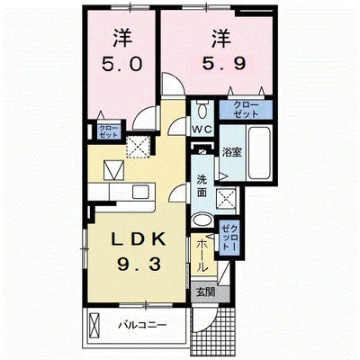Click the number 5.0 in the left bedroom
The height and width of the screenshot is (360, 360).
point(121,64)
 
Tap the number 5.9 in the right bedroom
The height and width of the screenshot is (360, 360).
point(224,63)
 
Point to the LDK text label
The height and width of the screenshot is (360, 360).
point(139,239)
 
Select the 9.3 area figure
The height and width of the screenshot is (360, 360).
point(139,265)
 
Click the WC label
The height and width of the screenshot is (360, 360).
point(202,130)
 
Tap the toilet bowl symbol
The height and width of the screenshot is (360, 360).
point(202,110)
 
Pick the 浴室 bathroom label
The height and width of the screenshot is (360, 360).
point(231,152)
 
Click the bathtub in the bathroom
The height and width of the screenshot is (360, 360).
point(259,152)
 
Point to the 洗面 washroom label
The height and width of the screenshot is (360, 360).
point(202,186)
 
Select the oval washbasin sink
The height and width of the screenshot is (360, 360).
point(202,220)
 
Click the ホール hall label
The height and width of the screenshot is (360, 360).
point(202,256)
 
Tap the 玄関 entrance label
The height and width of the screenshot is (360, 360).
point(205,292)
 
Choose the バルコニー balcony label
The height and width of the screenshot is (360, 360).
point(142,325)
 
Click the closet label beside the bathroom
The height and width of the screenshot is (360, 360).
point(246,110)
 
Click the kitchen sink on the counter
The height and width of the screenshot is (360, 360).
point(141,192)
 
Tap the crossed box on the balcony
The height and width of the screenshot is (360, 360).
point(94,326)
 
